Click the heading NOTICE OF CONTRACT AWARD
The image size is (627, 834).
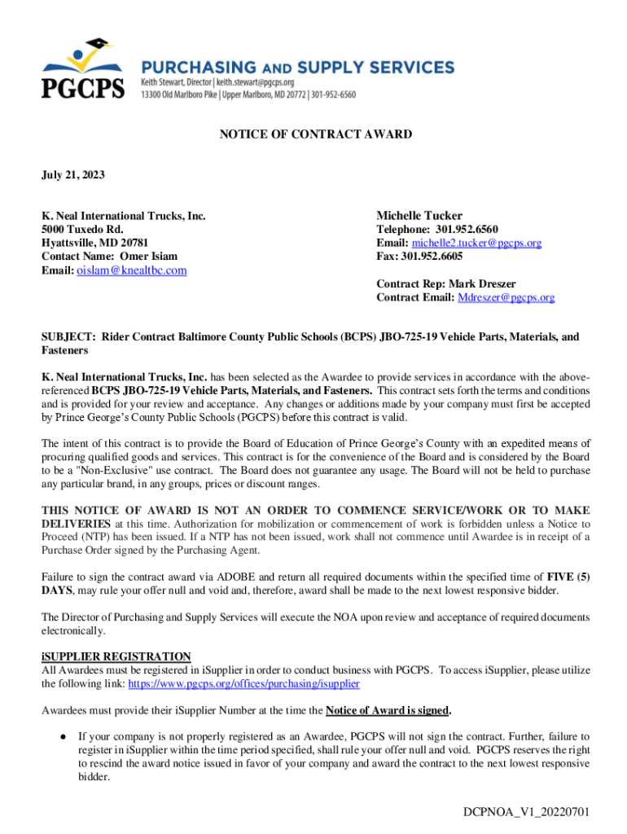[316, 134]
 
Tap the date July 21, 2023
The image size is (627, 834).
[73, 175]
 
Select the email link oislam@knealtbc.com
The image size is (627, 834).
[132, 270]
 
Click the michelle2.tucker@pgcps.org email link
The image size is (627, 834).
[476, 244]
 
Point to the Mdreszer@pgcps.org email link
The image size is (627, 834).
[506, 298]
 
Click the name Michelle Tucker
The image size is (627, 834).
[419, 216]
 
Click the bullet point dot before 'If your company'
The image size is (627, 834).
[64, 736]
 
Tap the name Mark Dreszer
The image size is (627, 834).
[482, 284]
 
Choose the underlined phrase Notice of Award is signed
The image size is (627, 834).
[387, 710]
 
